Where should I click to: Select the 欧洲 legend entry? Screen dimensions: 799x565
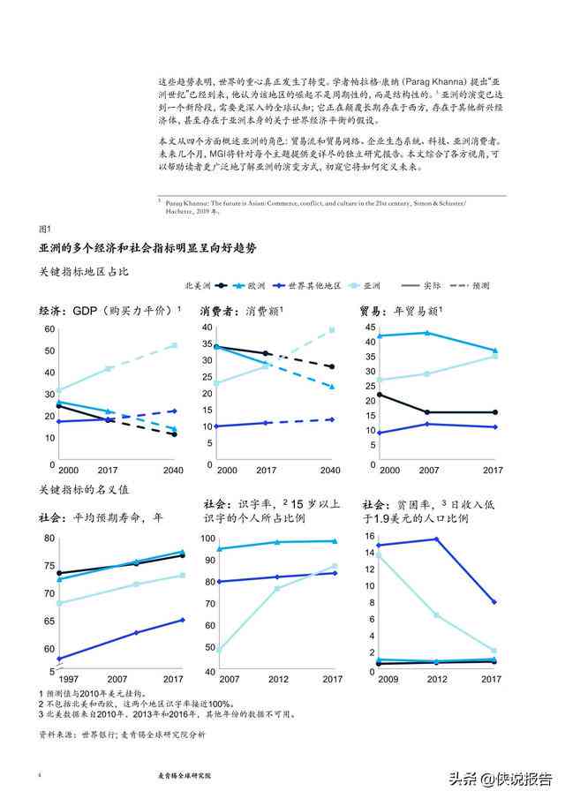coord(256,286)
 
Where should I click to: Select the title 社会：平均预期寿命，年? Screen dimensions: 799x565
coord(101,518)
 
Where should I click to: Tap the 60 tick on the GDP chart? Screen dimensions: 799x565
coord(49,329)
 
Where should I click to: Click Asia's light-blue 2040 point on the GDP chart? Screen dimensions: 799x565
coord(174,345)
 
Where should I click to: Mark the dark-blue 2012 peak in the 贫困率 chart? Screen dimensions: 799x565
coord(436,539)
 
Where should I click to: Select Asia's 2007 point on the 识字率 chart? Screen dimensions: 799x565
coord(218,651)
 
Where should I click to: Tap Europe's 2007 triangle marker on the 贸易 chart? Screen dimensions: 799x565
coord(428,333)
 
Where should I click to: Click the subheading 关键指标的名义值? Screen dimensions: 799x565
coord(85,489)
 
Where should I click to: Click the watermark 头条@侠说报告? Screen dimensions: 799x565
coord(500,778)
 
